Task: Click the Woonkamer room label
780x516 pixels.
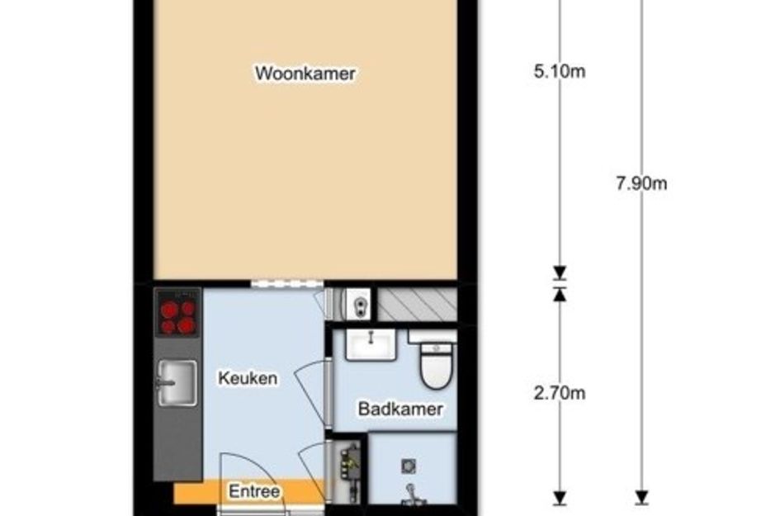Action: point(305,73)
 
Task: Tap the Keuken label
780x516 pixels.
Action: point(248,378)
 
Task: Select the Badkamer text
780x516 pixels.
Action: point(400,409)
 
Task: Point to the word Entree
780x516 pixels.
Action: point(254,491)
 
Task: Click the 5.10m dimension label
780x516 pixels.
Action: point(560,72)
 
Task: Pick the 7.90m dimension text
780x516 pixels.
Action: point(641,183)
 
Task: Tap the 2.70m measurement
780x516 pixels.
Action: point(560,393)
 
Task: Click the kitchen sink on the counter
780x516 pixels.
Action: point(177,382)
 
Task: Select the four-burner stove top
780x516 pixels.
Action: point(177,312)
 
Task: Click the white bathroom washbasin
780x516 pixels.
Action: point(371,344)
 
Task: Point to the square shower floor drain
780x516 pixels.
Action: point(409,466)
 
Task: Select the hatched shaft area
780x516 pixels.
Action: point(417,305)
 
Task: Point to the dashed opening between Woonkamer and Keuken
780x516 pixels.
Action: point(287,284)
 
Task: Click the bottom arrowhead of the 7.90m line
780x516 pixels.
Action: point(641,498)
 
